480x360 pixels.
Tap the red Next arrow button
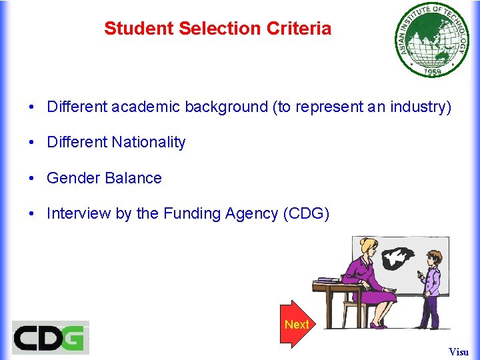click(x=296, y=325)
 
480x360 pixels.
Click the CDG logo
click(x=51, y=337)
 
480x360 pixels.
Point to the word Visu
click(x=459, y=351)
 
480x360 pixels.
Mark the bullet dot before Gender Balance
click(x=31, y=179)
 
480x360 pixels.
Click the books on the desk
click(x=329, y=279)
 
